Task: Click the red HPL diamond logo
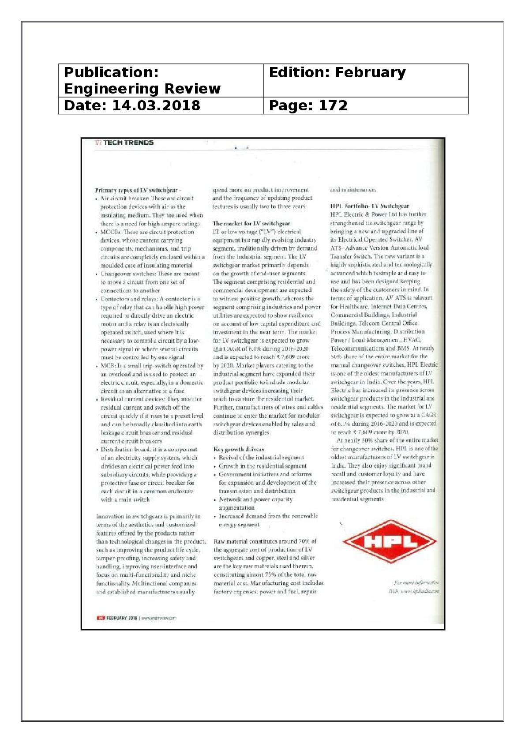(x=389, y=541)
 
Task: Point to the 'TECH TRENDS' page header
(x=128, y=143)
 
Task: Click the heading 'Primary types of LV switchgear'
(x=136, y=190)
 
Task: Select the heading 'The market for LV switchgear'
(x=251, y=223)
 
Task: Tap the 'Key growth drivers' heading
(x=238, y=449)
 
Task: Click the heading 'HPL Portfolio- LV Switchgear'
(x=369, y=206)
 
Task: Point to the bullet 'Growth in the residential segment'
(x=262, y=466)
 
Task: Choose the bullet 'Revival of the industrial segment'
(x=261, y=458)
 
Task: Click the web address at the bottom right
(x=419, y=591)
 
